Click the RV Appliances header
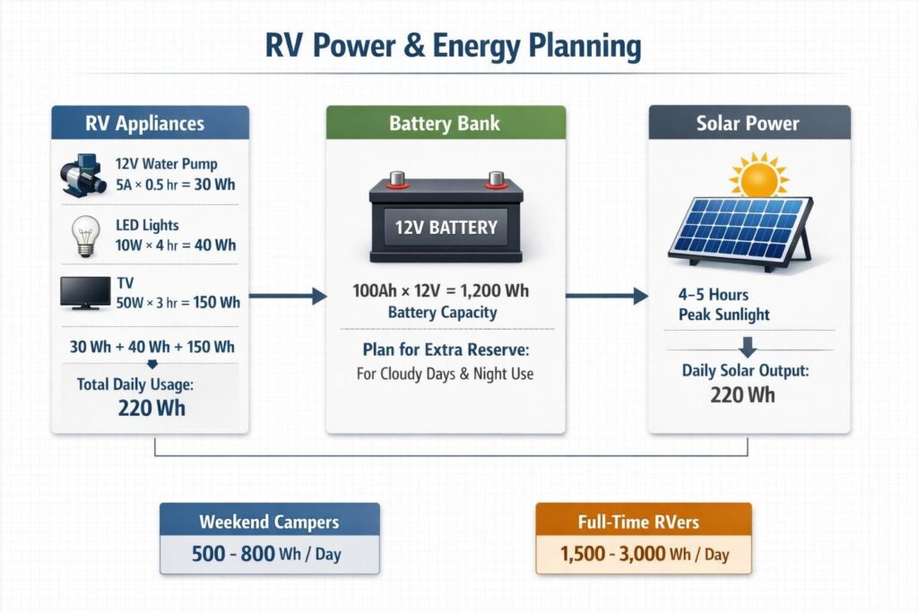tap(150, 124)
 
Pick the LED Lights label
tap(148, 225)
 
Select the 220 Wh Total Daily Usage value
tap(149, 409)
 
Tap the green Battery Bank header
tap(446, 124)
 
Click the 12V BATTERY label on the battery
tap(446, 227)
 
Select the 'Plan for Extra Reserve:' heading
tap(445, 349)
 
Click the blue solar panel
tap(740, 228)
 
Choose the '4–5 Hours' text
tap(714, 295)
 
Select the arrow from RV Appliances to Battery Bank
tap(287, 296)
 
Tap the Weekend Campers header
tap(269, 521)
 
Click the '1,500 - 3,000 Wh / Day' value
tap(644, 555)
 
